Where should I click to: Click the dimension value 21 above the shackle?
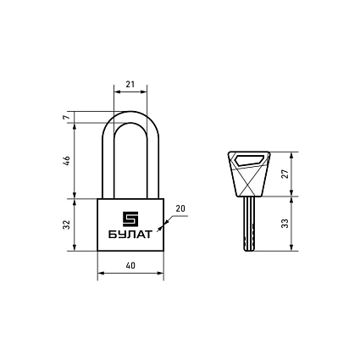pyautogui.click(x=130, y=85)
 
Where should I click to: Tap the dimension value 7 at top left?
pyautogui.click(x=66, y=118)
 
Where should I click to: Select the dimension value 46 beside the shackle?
pyautogui.click(x=67, y=161)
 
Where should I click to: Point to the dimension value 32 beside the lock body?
pyautogui.click(x=67, y=224)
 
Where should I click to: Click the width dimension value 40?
pyautogui.click(x=130, y=266)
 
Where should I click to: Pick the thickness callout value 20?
pyautogui.click(x=180, y=209)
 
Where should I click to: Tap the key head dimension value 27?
pyautogui.click(x=285, y=174)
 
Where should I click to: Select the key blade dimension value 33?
pyautogui.click(x=285, y=224)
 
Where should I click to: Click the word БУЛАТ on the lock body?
pyautogui.click(x=130, y=235)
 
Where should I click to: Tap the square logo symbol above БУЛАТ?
pyautogui.click(x=130, y=219)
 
